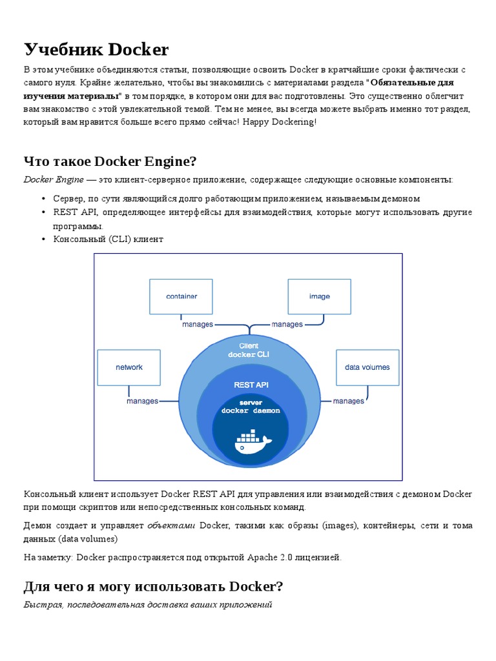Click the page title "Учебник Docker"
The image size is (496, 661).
click(96, 50)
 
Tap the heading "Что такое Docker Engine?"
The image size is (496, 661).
click(110, 161)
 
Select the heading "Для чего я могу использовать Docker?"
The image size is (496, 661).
click(153, 586)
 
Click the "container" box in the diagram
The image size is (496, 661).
click(181, 296)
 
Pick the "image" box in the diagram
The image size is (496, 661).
click(319, 296)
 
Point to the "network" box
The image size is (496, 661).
click(129, 367)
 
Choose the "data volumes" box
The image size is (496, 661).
click(367, 367)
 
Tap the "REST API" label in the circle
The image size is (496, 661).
click(251, 385)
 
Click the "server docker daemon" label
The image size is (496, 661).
click(251, 407)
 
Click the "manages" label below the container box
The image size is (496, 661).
click(198, 325)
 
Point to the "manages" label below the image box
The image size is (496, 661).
click(287, 325)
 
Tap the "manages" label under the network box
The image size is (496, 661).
click(142, 401)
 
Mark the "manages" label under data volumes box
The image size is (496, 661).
click(349, 401)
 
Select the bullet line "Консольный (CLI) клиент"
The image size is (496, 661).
click(108, 239)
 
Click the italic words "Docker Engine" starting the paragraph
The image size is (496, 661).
click(54, 179)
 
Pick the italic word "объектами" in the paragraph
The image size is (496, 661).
click(171, 525)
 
